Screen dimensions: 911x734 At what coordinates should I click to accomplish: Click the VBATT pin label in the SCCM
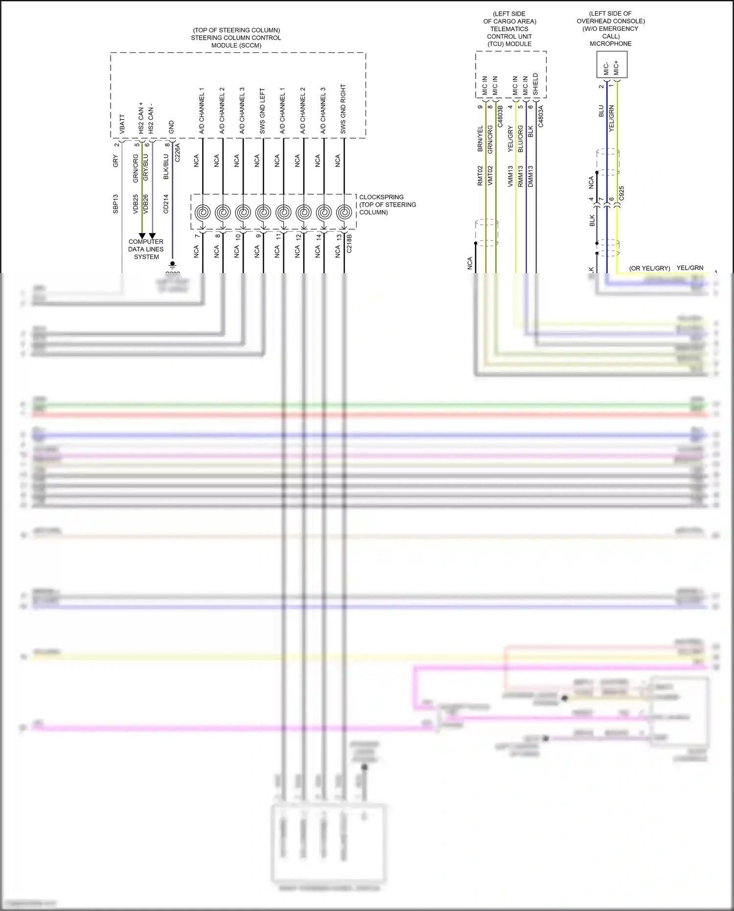click(122, 124)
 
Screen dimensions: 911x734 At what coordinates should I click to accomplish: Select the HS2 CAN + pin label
click(141, 118)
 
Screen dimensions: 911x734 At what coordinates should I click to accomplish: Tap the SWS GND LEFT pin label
click(262, 112)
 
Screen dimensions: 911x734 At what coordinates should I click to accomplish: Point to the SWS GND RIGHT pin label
click(343, 109)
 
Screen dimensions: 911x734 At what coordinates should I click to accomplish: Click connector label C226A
click(178, 152)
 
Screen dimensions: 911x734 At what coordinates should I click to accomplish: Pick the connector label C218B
click(349, 243)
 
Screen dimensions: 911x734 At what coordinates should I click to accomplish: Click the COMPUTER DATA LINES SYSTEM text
click(146, 249)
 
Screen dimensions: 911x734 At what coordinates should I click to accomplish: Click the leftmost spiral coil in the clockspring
click(203, 212)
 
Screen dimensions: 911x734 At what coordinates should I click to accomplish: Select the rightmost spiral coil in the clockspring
click(344, 212)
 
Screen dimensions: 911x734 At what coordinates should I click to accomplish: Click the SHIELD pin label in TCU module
click(535, 84)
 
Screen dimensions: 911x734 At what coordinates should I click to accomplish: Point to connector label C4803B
click(500, 116)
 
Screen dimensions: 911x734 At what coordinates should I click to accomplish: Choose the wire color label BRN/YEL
click(480, 139)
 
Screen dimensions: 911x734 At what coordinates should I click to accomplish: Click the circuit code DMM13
click(530, 176)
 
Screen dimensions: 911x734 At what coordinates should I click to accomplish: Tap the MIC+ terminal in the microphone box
click(616, 68)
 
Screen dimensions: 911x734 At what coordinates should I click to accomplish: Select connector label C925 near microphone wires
click(621, 193)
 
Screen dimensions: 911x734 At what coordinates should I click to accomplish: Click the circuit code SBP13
click(116, 204)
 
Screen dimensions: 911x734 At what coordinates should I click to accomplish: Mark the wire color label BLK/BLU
click(166, 167)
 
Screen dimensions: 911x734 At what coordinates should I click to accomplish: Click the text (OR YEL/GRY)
click(649, 268)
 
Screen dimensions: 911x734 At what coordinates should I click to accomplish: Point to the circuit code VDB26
click(145, 204)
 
